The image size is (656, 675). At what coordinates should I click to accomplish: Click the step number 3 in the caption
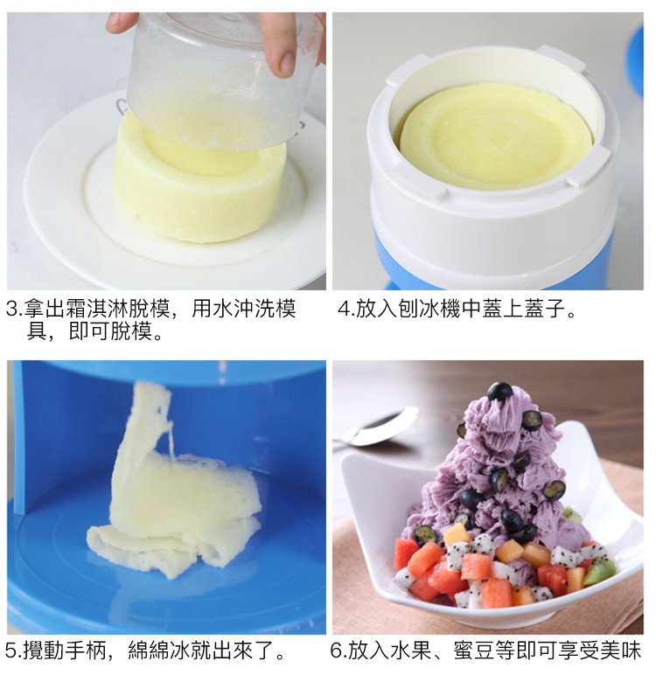click(10, 310)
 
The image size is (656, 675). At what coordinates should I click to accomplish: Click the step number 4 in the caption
click(343, 310)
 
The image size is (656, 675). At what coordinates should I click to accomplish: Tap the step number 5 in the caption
click(10, 651)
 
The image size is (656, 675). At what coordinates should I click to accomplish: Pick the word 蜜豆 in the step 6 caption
click(474, 651)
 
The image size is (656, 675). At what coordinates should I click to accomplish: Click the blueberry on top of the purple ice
click(499, 392)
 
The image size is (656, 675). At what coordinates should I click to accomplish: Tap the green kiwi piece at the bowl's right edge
click(599, 572)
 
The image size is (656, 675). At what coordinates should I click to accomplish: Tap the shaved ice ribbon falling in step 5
click(172, 486)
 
